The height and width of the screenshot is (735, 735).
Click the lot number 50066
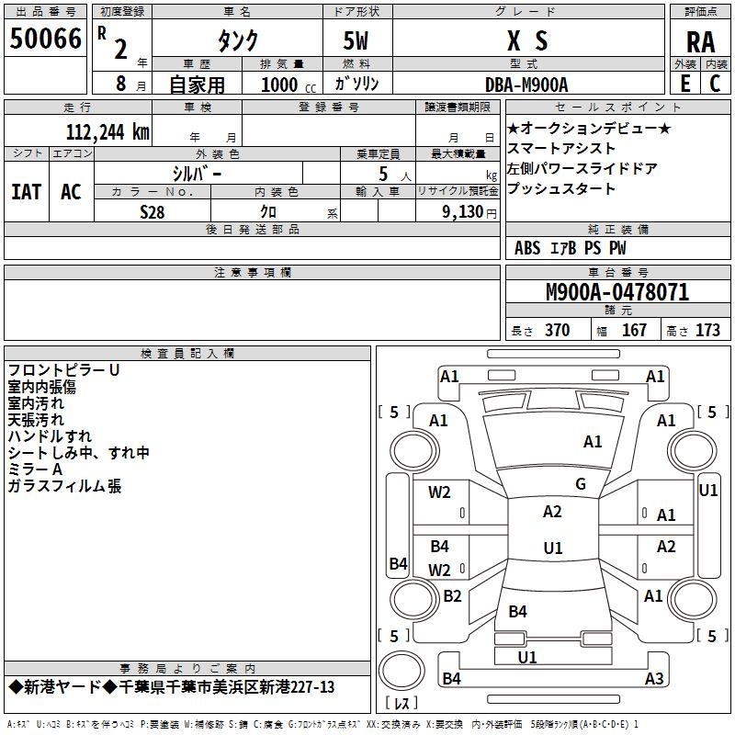[46, 40]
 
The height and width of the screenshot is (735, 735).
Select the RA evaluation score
[700, 41]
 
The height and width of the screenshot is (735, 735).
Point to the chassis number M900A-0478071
[617, 292]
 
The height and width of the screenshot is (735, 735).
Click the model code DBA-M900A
[527, 85]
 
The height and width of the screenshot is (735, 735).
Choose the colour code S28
[153, 211]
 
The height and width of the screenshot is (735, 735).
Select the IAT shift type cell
[26, 192]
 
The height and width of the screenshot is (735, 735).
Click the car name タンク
[237, 40]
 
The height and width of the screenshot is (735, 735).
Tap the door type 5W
[358, 41]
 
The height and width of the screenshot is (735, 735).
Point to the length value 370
[557, 331]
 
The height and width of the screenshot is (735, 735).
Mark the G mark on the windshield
[581, 483]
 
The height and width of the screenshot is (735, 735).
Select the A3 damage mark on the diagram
[654, 679]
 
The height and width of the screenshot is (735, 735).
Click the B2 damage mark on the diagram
[452, 596]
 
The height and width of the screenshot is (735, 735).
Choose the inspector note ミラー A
[37, 469]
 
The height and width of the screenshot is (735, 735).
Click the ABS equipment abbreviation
[527, 248]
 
